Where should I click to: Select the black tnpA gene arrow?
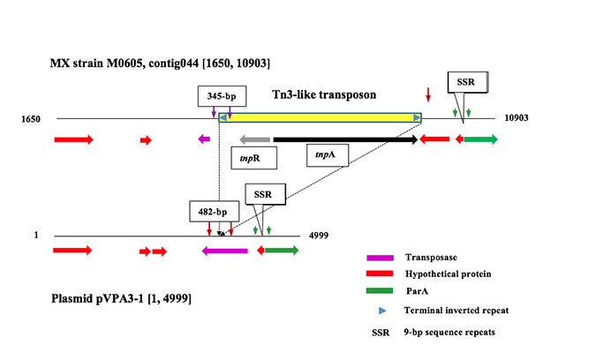coord(345,139)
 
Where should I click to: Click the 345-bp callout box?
coord(222,95)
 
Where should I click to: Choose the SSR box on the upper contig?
coord(465,83)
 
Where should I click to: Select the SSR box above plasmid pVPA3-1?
coord(262,194)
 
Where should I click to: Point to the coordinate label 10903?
coord(517,118)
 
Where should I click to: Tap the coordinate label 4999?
coord(319,236)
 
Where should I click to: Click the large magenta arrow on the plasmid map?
coord(224,251)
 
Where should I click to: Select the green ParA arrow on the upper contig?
coord(481,139)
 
